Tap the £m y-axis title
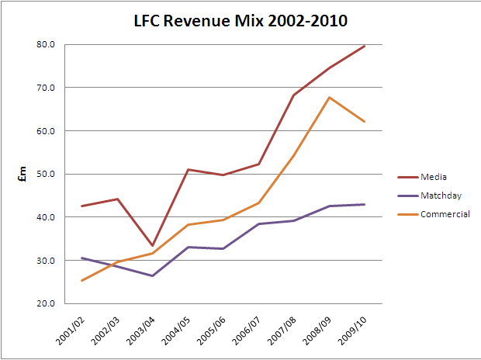[23, 174]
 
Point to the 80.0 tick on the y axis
[45, 44]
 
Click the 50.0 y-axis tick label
[45, 174]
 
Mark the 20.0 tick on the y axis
[45, 303]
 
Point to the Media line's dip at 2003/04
[152, 245]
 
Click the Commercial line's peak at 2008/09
[329, 97]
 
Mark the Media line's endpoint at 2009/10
[365, 46]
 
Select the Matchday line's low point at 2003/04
[152, 275]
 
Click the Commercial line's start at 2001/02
[81, 280]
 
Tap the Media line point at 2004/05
[189, 169]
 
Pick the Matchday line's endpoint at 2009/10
[365, 204]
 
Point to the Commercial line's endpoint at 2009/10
[365, 121]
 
